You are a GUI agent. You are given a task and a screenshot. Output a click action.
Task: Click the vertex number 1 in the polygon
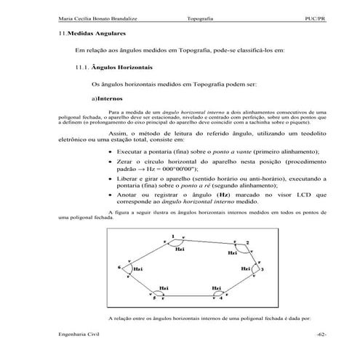[x=173, y=236]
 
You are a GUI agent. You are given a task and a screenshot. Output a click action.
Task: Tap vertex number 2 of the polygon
[x=247, y=243]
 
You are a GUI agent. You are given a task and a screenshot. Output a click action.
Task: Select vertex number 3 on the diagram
[x=263, y=270]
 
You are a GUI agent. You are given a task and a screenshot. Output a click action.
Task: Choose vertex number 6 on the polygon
[x=119, y=267]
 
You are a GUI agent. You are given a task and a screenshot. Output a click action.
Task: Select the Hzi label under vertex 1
[x=180, y=248]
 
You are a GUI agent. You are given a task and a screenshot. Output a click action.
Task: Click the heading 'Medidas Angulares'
[x=95, y=34]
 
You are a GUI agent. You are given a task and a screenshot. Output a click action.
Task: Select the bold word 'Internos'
[x=110, y=98]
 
